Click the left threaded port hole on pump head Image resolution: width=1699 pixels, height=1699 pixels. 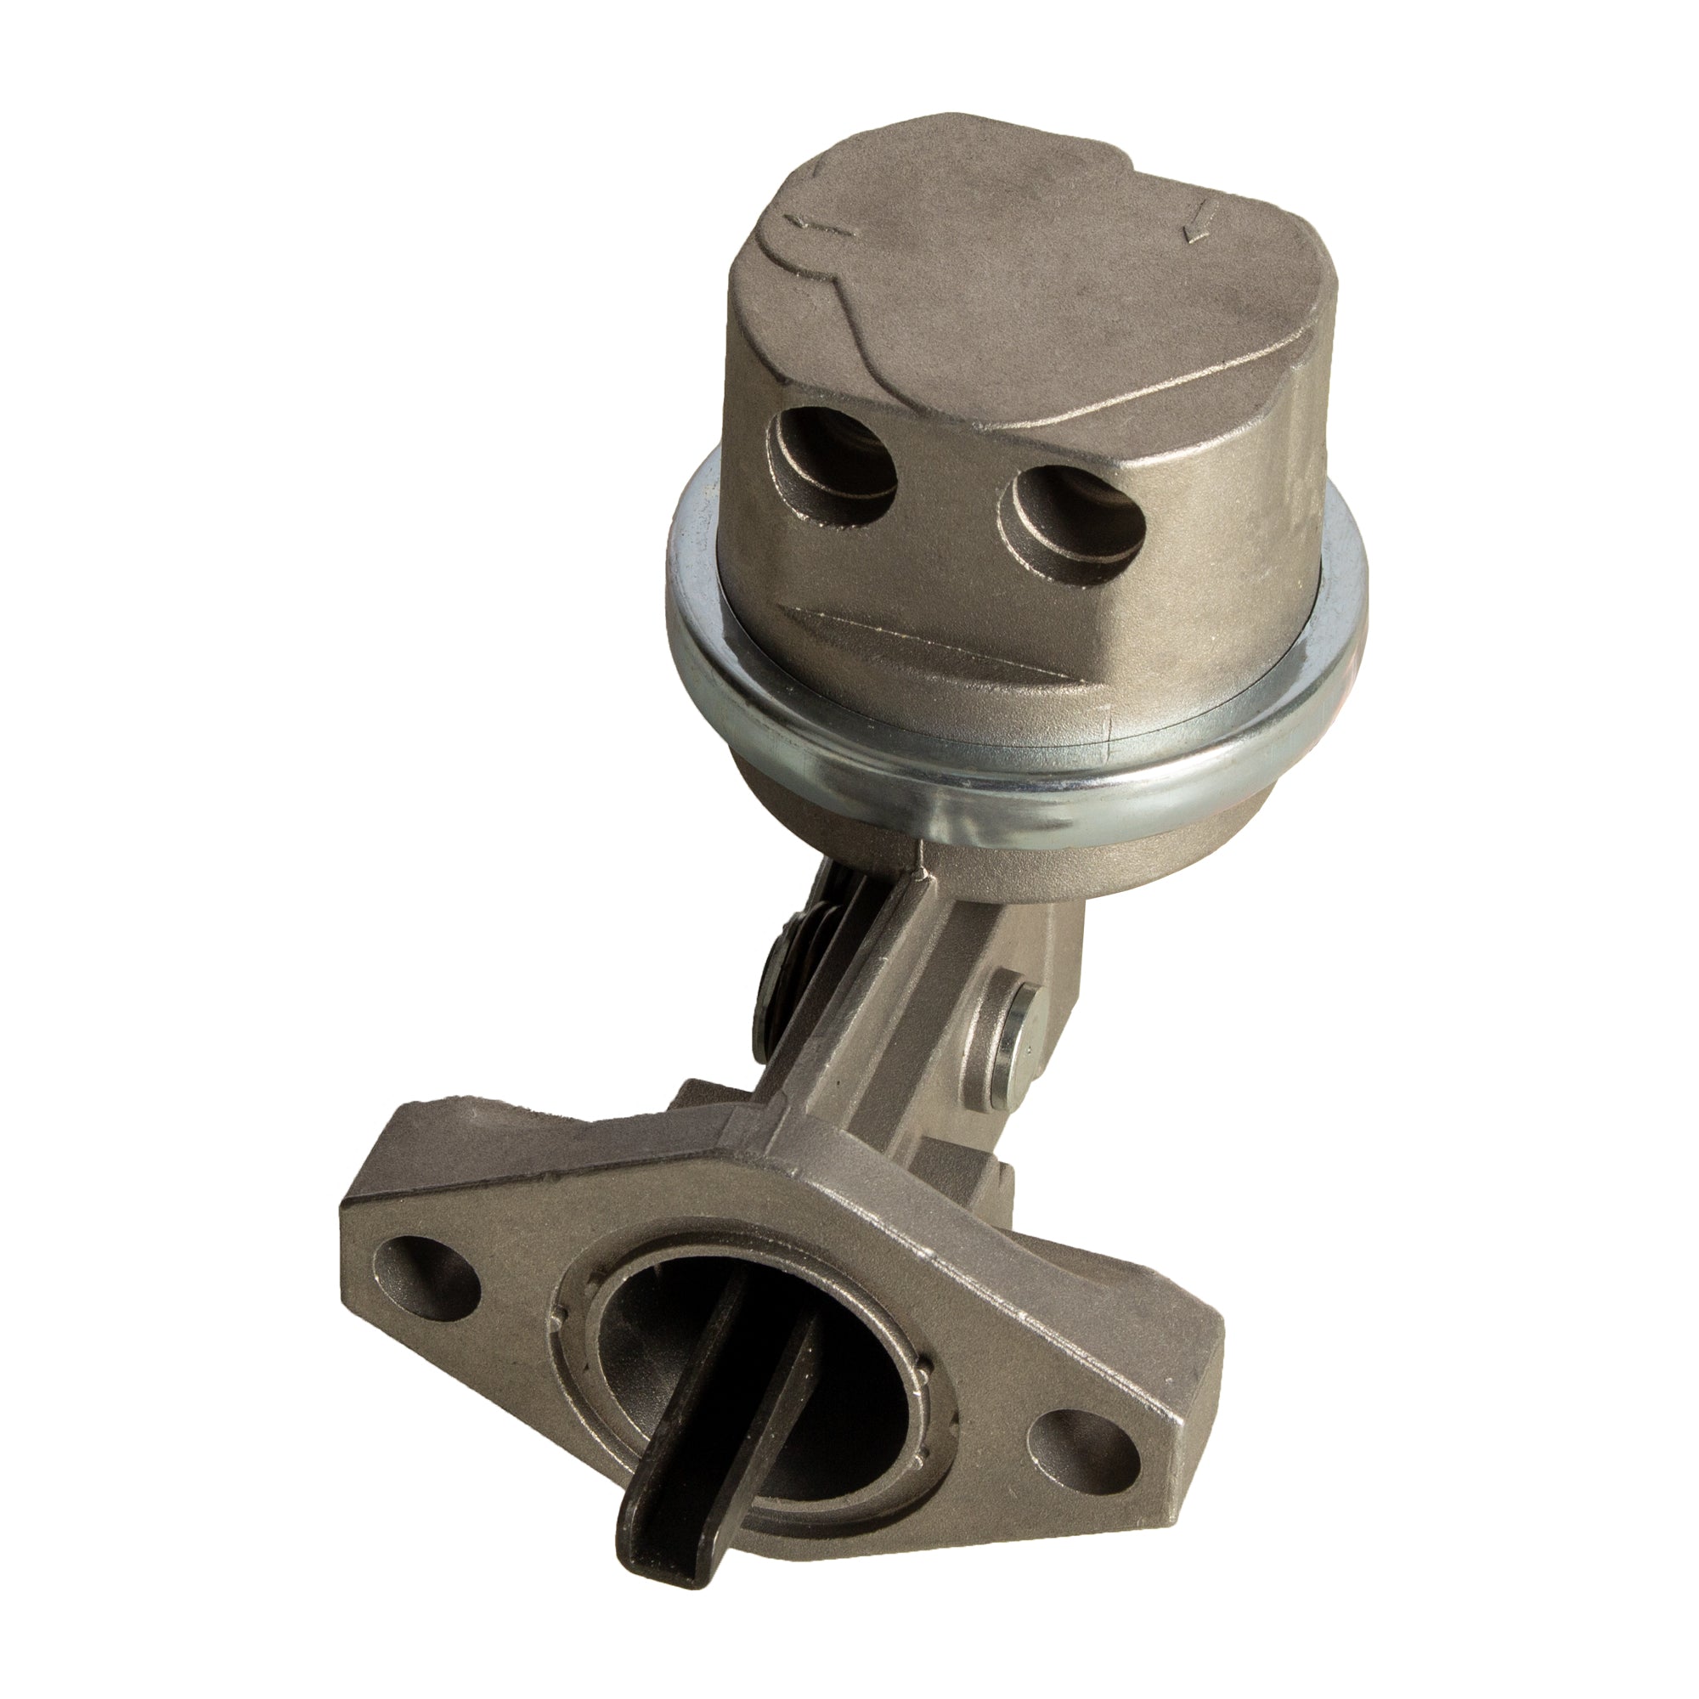coord(833,467)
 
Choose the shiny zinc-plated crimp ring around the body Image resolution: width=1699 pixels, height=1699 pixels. coord(1011,765)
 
